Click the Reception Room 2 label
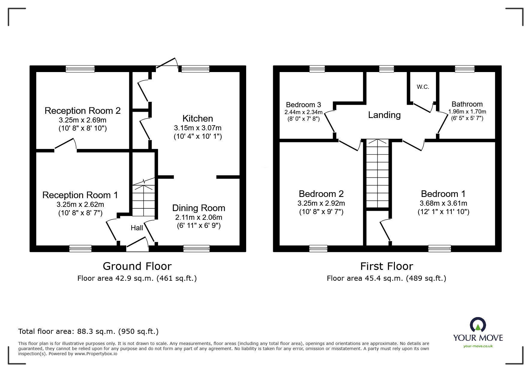(x=82, y=111)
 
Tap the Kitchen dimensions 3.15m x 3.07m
(x=198, y=128)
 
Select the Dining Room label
(x=198, y=208)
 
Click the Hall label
(x=137, y=228)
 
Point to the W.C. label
(x=423, y=87)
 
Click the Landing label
(x=384, y=115)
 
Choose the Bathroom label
(x=467, y=104)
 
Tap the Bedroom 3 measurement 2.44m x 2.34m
(x=303, y=112)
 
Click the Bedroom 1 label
(x=443, y=194)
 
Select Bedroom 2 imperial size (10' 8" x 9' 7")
(x=321, y=212)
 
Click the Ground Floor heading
(x=137, y=266)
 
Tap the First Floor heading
(x=386, y=266)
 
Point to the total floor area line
(x=88, y=331)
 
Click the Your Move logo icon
(x=478, y=325)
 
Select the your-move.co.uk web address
(x=478, y=346)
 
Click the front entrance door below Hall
(x=137, y=246)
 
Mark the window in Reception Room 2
(x=80, y=69)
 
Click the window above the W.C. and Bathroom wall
(x=464, y=69)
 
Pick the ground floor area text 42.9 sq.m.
(x=137, y=278)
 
